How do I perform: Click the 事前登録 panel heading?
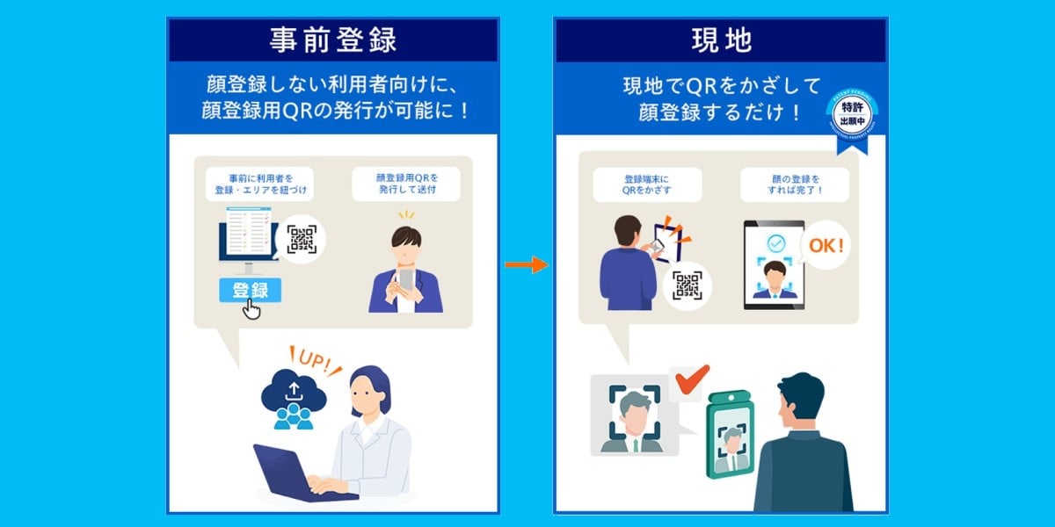click(333, 40)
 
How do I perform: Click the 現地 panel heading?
click(720, 40)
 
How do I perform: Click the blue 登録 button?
click(250, 291)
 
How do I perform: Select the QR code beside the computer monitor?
click(302, 239)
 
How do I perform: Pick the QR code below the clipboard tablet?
click(687, 285)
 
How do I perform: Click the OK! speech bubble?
click(826, 246)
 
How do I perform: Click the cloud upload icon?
click(294, 395)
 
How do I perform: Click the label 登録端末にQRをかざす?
click(647, 184)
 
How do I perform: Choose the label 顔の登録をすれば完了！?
click(794, 184)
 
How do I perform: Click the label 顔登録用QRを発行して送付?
click(406, 184)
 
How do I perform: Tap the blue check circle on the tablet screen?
click(774, 243)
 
